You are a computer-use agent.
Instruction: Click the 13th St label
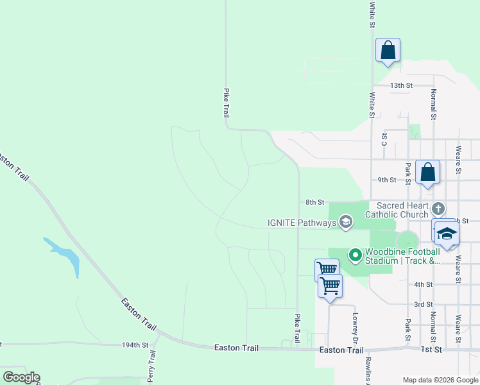point(400,85)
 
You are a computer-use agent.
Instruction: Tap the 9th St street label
point(387,180)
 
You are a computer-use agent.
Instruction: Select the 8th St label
point(314,202)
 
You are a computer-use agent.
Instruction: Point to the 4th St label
point(423,284)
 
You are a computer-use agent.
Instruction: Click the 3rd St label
point(423,304)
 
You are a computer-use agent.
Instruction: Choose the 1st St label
point(432,349)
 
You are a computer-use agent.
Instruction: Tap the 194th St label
point(135,345)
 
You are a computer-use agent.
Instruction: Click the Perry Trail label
point(152,365)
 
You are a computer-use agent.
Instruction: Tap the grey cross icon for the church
point(438,209)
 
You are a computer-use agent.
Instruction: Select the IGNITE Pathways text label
point(302,223)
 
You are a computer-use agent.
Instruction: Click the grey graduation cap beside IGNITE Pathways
point(346,223)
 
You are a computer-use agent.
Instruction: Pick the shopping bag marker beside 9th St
point(427,173)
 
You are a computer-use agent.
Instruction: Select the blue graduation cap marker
point(447,234)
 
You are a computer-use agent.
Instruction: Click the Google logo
point(21,377)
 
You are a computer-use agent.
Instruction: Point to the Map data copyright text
point(440,380)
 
